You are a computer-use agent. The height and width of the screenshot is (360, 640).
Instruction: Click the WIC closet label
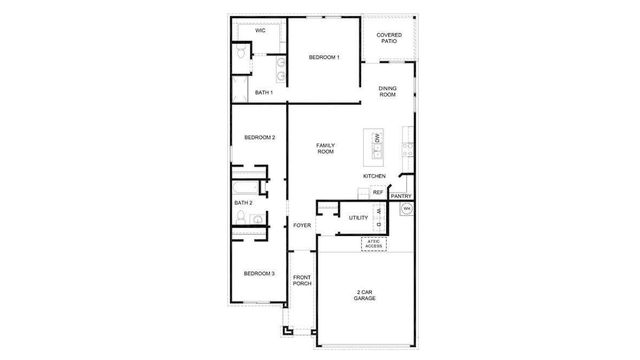tap(260, 31)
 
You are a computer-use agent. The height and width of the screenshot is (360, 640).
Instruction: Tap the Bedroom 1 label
tap(324, 57)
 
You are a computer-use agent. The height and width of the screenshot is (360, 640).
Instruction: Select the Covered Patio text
tap(389, 38)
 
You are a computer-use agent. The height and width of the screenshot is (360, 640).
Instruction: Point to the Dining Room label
tap(388, 92)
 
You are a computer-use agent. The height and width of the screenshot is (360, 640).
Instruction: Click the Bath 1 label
tap(263, 92)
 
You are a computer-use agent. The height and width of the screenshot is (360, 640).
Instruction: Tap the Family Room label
tap(325, 148)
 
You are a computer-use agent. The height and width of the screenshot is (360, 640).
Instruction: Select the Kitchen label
tap(374, 177)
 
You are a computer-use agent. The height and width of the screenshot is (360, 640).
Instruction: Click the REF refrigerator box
tap(378, 192)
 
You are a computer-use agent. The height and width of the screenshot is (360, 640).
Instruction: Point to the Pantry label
tap(401, 196)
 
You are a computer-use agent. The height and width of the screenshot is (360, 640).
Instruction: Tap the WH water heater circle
tap(406, 209)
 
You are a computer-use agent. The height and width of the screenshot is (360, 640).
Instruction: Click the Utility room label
tap(358, 217)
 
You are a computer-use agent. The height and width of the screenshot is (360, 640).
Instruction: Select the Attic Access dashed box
tap(375, 243)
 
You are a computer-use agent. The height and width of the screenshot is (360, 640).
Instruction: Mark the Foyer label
tap(302, 225)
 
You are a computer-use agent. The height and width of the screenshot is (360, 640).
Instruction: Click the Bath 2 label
tap(243, 203)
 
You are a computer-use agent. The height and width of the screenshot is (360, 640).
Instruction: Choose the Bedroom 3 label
tap(259, 273)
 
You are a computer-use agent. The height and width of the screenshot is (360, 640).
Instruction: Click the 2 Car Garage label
tap(365, 295)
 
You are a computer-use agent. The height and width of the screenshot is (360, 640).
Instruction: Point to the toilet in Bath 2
tap(257, 218)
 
